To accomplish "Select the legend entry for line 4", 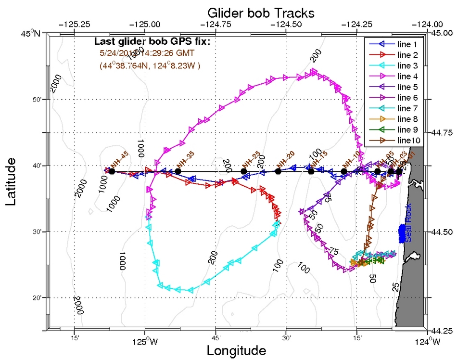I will [x=408, y=76].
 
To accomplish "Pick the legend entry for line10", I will [x=409, y=141].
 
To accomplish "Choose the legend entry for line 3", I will [x=408, y=65].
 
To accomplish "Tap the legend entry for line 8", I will [x=408, y=119].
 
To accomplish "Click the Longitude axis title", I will [x=236, y=350].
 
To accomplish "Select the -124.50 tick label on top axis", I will [x=286, y=23].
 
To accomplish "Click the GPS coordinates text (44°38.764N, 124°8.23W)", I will [x=150, y=65].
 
